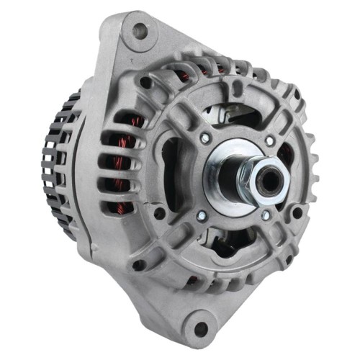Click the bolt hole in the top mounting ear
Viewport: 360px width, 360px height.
point(140,31)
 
